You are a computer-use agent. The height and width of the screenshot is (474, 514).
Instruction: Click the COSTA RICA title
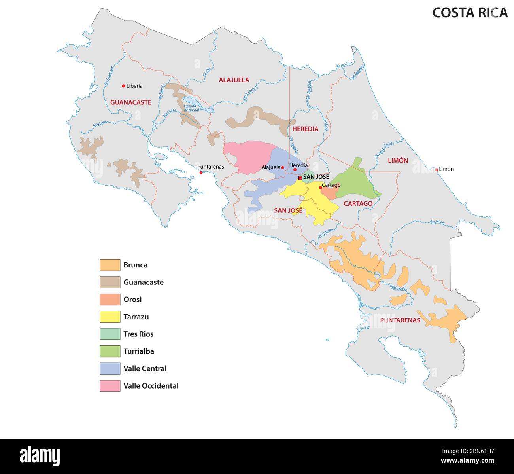coord(469,13)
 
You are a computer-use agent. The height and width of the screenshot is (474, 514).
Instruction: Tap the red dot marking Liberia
coord(123,86)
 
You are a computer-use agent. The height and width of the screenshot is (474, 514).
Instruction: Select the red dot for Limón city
coord(437,170)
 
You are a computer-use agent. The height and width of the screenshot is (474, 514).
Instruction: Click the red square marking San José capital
coord(300,178)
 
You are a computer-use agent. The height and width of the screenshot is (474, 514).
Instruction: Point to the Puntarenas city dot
coord(201,173)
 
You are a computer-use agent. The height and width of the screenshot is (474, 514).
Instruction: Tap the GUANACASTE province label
coord(130,102)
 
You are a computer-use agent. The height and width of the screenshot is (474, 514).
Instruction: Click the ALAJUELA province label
coord(234,80)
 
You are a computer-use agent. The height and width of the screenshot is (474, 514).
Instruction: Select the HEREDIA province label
coord(305,129)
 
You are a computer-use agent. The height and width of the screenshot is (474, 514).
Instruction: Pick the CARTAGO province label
coord(358,204)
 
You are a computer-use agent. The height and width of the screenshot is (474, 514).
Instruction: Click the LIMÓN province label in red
coord(398,161)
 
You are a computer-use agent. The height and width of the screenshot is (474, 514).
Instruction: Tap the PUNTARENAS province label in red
coord(400,320)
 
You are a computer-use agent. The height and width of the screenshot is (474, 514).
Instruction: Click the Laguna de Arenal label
coord(191,107)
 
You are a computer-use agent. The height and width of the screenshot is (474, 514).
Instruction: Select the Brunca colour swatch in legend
coord(110,265)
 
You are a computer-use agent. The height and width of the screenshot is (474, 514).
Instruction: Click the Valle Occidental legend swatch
coord(110,386)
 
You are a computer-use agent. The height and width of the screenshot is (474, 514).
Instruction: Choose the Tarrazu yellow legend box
coord(110,317)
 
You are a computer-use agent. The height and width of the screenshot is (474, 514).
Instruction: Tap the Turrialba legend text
coord(138,351)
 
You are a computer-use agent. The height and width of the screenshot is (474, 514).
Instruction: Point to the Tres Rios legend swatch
coord(110,334)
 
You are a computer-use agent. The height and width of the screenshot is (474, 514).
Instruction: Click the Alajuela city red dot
coord(282,167)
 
